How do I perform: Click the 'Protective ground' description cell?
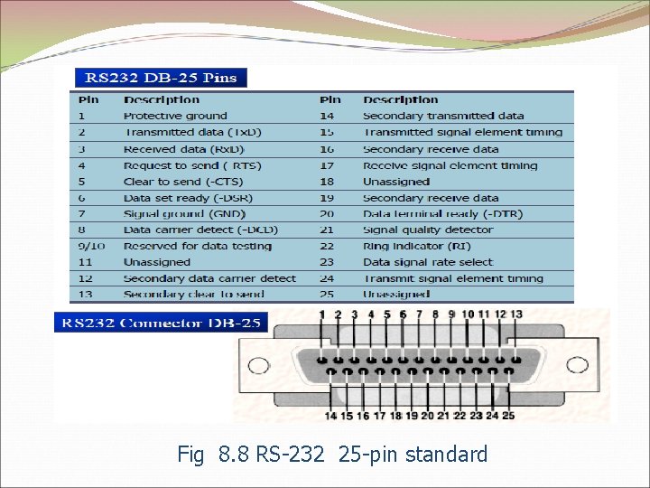175,116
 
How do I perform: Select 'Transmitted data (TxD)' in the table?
191,132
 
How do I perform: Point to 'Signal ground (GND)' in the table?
178,214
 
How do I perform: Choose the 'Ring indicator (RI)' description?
415,246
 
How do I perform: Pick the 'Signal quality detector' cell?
427,230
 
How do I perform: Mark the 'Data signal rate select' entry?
428,262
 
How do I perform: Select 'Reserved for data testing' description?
197,246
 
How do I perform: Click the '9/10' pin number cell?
91,246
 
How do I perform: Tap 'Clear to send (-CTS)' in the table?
182,182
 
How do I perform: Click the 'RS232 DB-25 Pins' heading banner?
158,78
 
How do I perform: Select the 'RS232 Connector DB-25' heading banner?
161,322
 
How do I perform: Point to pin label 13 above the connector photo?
516,314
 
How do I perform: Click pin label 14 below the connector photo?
331,416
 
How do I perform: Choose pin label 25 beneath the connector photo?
508,416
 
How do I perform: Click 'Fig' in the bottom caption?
191,454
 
